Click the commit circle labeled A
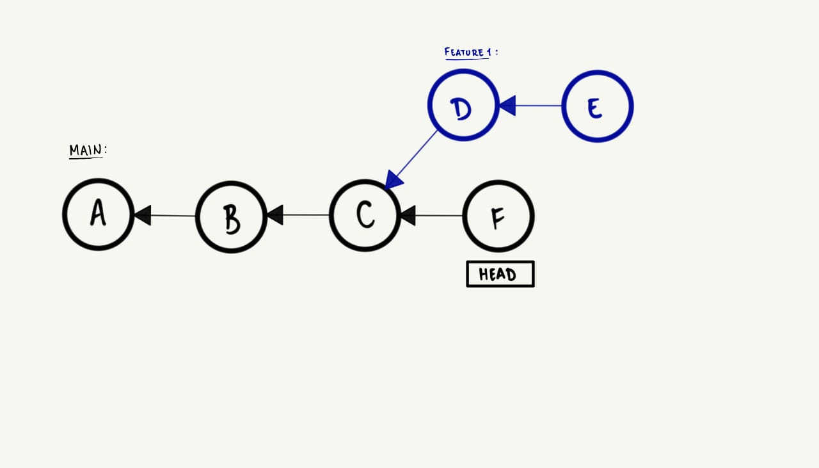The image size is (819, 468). (98, 214)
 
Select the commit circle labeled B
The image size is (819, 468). (231, 217)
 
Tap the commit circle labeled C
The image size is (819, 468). (365, 215)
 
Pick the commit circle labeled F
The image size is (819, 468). (498, 216)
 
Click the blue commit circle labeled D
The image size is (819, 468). (463, 105)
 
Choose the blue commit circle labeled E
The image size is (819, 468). (597, 106)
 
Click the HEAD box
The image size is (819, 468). (500, 274)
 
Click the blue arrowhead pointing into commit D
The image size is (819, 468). (507, 106)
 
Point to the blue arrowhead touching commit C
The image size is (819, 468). (393, 181)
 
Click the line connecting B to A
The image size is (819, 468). (173, 216)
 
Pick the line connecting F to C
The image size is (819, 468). (439, 216)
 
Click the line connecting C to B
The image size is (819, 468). (306, 215)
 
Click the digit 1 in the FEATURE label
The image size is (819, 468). (489, 52)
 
